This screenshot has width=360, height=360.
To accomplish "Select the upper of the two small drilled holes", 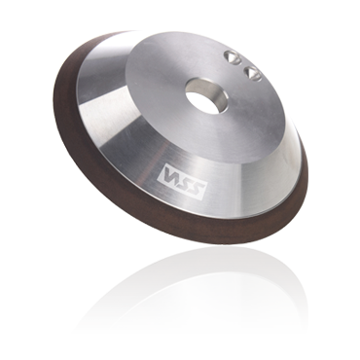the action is point(233,58).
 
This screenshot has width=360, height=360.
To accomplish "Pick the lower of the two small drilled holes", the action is point(252,72).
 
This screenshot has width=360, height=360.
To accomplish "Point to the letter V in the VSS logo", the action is point(169,173).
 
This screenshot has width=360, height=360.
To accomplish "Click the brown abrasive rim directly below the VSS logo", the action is point(175,224).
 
